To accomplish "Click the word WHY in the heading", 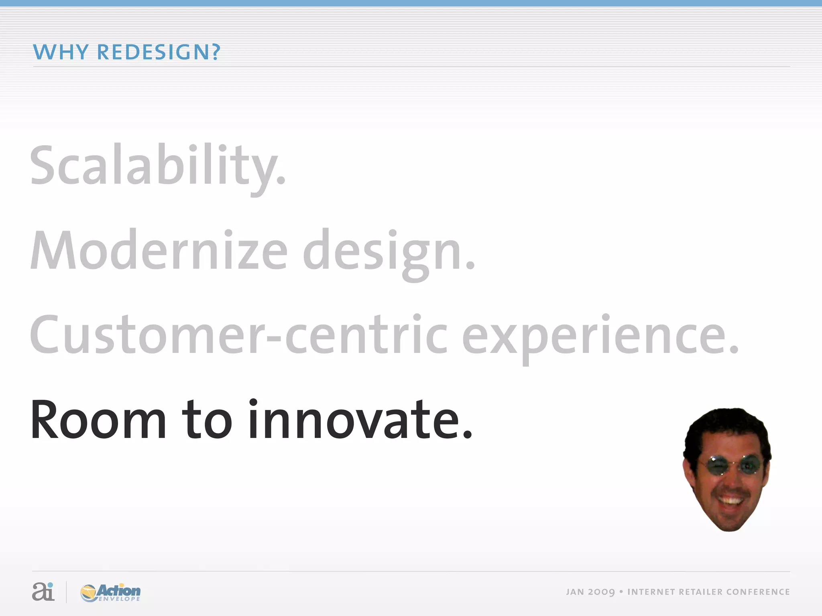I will (x=60, y=52).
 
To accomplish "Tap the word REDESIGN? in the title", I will (x=159, y=52).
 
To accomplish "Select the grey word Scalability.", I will (x=157, y=166).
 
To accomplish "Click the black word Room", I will (x=98, y=420).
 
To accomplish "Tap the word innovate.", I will (x=360, y=420).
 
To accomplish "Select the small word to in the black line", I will (x=207, y=420).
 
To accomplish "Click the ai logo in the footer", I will (x=43, y=592).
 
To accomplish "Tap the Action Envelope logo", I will (x=110, y=592).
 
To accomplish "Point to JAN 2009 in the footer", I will (x=590, y=592).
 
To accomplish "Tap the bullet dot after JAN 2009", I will (x=621, y=592).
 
